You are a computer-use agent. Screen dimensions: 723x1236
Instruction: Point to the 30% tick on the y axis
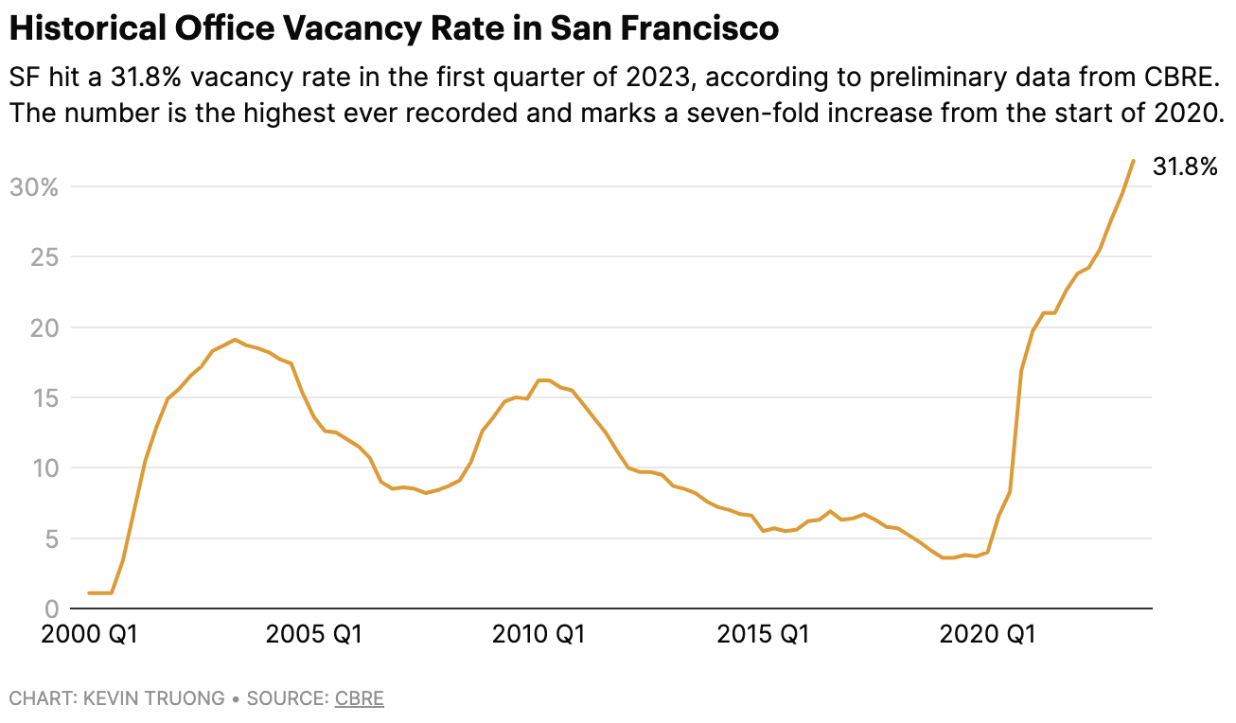33,186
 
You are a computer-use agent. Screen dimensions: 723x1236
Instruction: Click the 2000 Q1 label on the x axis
91,635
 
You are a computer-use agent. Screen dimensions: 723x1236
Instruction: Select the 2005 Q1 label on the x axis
314,635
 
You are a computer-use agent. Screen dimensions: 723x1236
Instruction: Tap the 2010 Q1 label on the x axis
539,635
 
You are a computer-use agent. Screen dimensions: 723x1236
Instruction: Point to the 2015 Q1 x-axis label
763,635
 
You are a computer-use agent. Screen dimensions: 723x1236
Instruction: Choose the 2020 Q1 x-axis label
986,635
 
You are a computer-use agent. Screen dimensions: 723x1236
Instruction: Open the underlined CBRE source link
359,699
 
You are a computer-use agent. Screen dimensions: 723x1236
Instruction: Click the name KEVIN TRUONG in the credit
154,699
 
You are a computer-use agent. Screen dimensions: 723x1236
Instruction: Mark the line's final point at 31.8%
1133,161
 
